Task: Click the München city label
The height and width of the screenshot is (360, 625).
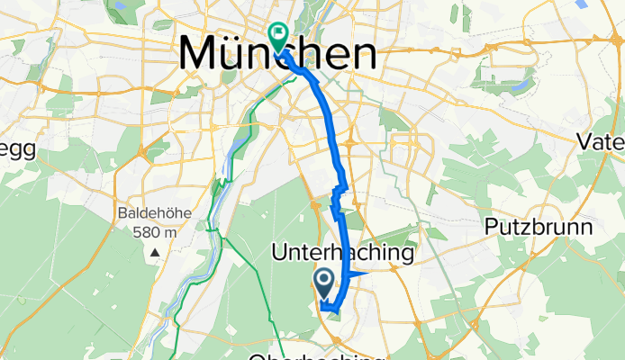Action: point(277,54)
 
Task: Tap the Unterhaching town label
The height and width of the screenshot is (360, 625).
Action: point(342,255)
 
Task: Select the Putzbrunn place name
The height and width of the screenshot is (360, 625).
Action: point(539,226)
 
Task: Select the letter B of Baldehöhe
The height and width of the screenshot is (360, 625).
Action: point(122,214)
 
